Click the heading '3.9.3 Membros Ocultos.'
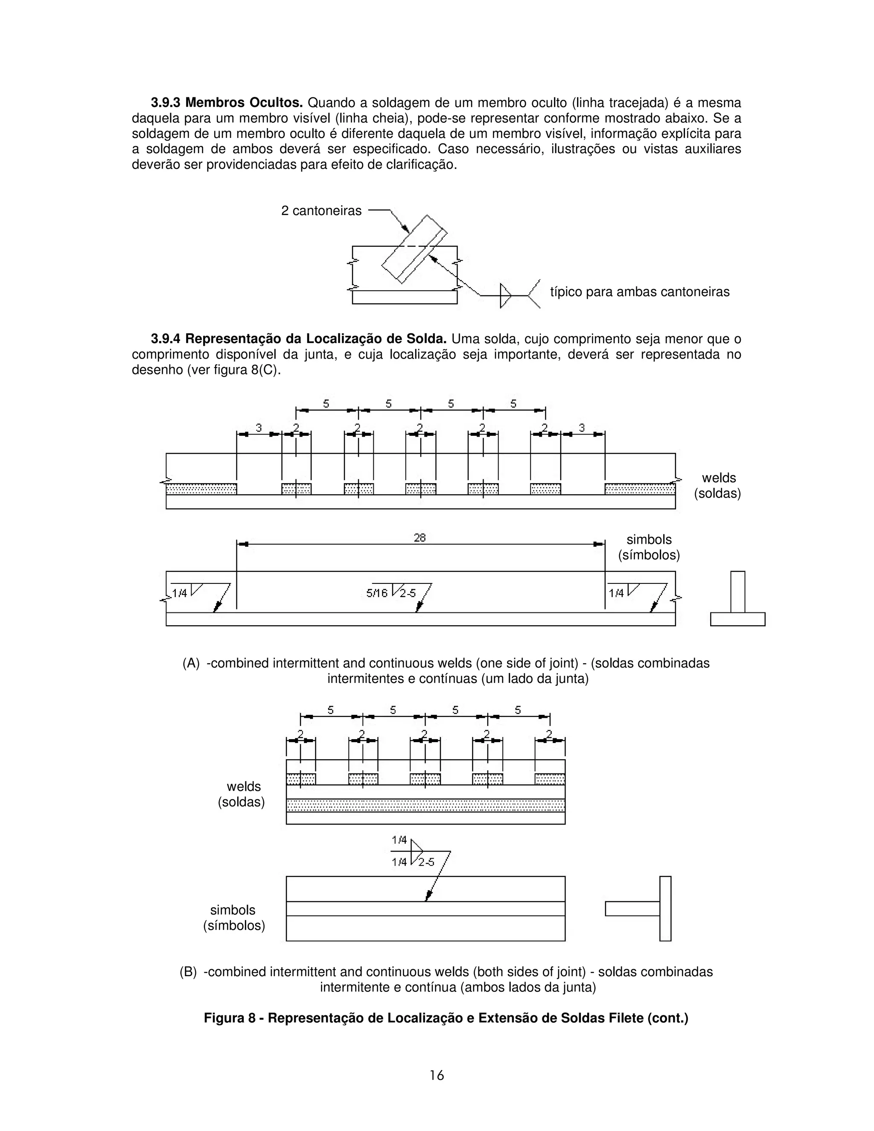coord(226,102)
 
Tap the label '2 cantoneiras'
coord(321,211)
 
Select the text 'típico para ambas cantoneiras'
coord(639,292)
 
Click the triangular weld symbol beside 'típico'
coord(505,296)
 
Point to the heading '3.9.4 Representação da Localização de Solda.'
coord(298,339)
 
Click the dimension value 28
coord(420,538)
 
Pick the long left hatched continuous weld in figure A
coord(201,489)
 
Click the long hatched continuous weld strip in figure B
coord(425,805)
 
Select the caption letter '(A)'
coord(190,663)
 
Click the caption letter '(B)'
coord(188,972)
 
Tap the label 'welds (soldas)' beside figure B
coord(242,794)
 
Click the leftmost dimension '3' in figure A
coord(259,428)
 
